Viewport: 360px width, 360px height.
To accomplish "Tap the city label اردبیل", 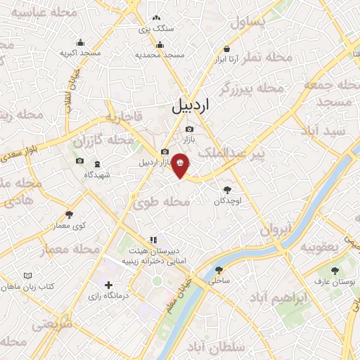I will (x=191, y=106).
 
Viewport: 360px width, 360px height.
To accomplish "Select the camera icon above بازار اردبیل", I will (x=165, y=152).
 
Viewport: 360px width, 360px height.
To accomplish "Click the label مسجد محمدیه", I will (x=160, y=54).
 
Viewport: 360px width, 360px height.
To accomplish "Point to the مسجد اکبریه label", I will (x=79, y=53).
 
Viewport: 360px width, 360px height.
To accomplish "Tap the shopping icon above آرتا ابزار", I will (x=226, y=49).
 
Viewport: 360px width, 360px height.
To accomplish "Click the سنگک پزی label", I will (x=155, y=29).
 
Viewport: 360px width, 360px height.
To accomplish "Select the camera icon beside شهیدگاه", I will (x=79, y=162).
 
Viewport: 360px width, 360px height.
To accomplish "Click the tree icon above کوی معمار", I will (x=68, y=215).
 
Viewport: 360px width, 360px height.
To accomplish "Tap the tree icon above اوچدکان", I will (x=227, y=190).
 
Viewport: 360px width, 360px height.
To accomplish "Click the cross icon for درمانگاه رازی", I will (x=108, y=285).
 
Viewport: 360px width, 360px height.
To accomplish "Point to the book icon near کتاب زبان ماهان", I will (x=28, y=276).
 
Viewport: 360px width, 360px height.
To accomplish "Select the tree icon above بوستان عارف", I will (x=334, y=271).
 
